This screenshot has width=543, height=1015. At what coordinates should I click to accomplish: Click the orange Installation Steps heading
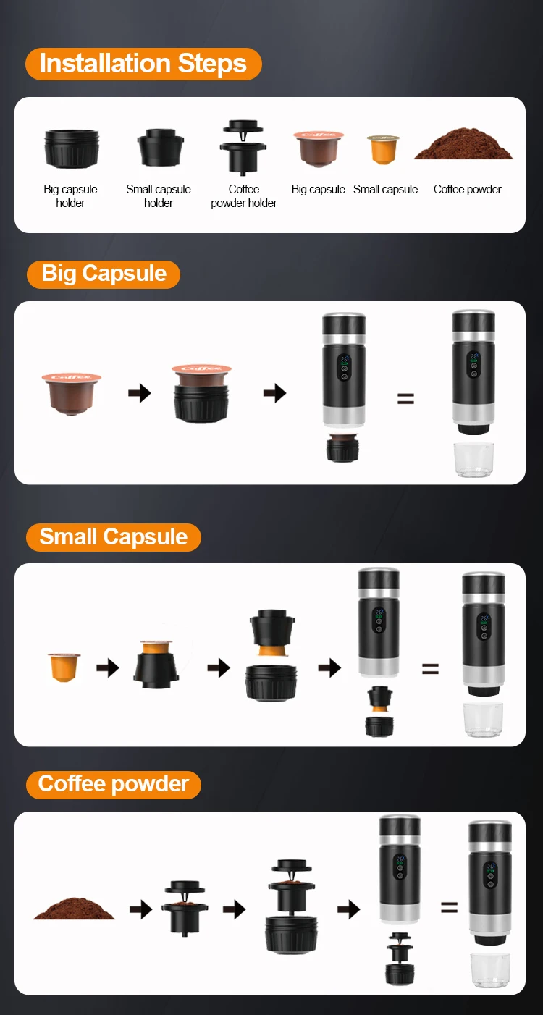coord(143,64)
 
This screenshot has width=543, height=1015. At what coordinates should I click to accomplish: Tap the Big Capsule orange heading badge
coord(104,274)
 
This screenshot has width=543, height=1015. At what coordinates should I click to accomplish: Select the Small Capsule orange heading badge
coord(114,537)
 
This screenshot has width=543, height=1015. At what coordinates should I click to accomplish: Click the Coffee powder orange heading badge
coord(114,785)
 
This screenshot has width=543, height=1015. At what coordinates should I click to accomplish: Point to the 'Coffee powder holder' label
coord(244,196)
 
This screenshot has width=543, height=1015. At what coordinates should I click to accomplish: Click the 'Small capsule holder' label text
coord(159,196)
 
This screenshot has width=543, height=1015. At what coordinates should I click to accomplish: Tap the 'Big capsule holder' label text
coord(71,196)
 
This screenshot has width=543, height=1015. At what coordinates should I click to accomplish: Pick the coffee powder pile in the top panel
coord(463,143)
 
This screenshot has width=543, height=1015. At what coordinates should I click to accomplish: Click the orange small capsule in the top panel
coord(384,149)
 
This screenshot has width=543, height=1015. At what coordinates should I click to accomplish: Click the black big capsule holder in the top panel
coord(72,149)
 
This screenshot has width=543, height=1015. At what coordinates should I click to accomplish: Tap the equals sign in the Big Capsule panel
coord(405,399)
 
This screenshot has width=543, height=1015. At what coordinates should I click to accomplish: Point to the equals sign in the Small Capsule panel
coord(430,669)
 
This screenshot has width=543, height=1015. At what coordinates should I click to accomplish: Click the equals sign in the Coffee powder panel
coord(449,907)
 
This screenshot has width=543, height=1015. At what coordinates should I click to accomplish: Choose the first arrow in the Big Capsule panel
coord(140,393)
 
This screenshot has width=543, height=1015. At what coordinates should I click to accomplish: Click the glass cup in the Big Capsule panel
coord(473,460)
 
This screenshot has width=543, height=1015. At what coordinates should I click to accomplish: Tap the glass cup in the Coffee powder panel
coord(490,971)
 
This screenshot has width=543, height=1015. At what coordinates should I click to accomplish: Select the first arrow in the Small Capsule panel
coord(108,667)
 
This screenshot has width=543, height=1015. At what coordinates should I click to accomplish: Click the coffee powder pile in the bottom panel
coord(75,908)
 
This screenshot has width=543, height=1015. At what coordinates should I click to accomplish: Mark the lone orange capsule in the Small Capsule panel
coord(64,667)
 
